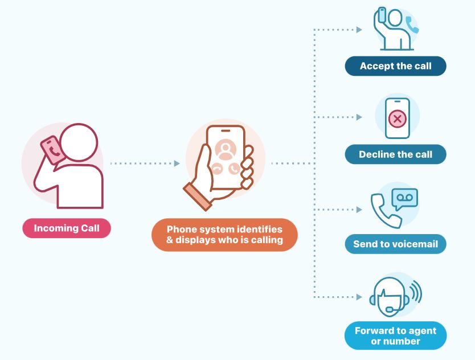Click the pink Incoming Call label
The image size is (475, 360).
click(67, 228)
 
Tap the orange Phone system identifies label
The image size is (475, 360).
click(224, 235)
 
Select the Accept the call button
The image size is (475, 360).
click(395, 66)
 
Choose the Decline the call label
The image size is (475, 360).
click(395, 154)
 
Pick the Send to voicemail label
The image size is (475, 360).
click(395, 244)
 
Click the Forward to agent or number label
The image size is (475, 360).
click(395, 336)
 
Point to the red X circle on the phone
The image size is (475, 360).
click(397, 119)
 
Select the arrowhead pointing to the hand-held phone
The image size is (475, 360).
click(177, 163)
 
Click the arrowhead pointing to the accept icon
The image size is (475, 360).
click(359, 30)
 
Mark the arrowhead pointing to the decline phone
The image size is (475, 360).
click(359, 117)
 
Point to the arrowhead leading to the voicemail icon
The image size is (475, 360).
click(359, 210)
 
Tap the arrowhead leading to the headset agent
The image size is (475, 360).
click(359, 297)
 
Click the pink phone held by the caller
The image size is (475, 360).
click(51, 150)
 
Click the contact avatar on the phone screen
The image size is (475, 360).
click(226, 149)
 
